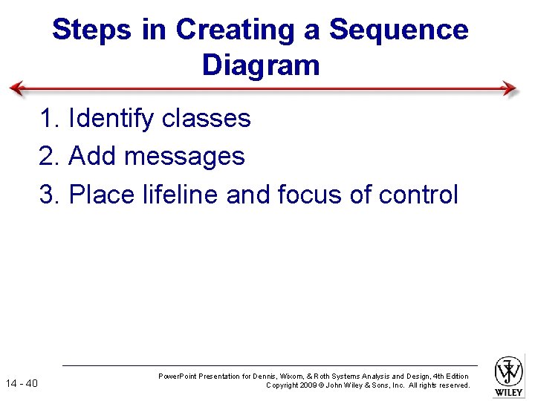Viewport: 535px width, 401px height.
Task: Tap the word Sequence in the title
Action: point(398,30)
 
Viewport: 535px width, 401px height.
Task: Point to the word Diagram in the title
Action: point(260,65)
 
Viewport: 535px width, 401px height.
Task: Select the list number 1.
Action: point(48,118)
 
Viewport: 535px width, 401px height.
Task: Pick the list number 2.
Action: point(48,157)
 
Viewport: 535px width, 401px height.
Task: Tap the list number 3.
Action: point(48,195)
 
